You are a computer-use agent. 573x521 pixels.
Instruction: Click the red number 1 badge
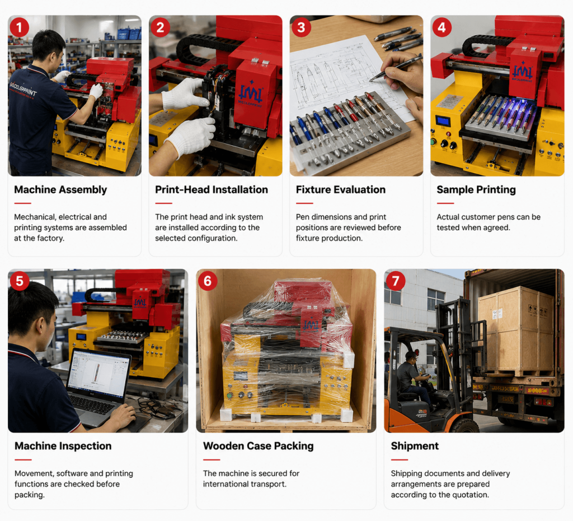tap(20, 27)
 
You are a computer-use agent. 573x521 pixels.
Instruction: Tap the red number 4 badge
tap(442, 27)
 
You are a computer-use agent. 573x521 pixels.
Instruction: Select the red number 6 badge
tap(208, 281)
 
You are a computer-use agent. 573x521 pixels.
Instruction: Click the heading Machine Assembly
tap(60, 189)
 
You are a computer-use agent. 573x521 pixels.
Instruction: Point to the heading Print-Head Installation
tap(212, 189)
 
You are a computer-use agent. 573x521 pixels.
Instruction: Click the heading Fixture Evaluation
tap(341, 189)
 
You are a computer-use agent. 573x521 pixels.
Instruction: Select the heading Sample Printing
tap(476, 189)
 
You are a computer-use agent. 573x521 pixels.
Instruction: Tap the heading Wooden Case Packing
tap(259, 446)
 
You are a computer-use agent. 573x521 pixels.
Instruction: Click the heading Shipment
tap(415, 446)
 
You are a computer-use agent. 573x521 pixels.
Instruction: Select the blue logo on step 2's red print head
tap(250, 94)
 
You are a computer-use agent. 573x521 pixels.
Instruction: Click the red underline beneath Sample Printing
tap(445, 203)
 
